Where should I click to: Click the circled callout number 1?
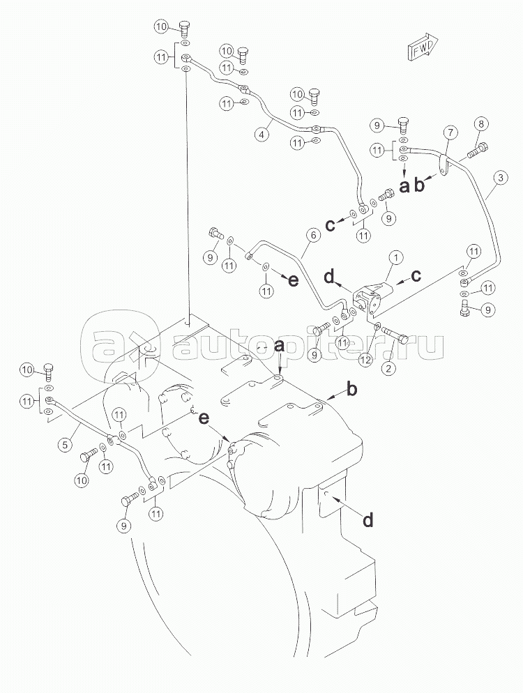(395, 258)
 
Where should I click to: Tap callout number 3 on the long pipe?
(501, 178)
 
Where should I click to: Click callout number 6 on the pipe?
(312, 236)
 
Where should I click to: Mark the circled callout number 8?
(481, 125)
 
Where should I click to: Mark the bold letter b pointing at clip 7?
(420, 185)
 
